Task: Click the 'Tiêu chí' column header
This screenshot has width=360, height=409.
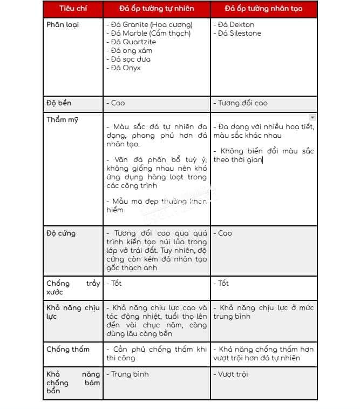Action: click(x=72, y=9)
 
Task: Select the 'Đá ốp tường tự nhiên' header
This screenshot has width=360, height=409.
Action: click(x=157, y=9)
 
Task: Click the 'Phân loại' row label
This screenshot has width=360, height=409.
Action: click(x=63, y=25)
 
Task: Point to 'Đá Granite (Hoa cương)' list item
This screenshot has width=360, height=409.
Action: click(x=150, y=25)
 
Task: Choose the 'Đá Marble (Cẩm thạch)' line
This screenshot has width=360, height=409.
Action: click(x=148, y=33)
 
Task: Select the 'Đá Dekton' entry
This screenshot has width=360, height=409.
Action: click(x=234, y=25)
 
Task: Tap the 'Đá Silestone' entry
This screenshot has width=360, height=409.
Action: click(x=237, y=33)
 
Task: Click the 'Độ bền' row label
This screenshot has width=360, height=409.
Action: click(x=59, y=103)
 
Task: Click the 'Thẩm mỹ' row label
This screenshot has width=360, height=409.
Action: click(x=62, y=119)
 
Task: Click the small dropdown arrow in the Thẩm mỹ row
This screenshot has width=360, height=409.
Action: click(x=313, y=117)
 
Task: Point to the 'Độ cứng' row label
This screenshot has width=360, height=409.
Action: click(x=61, y=233)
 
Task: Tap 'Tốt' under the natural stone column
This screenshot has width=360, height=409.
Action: click(x=114, y=283)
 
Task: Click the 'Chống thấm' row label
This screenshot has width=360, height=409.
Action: click(x=68, y=350)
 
